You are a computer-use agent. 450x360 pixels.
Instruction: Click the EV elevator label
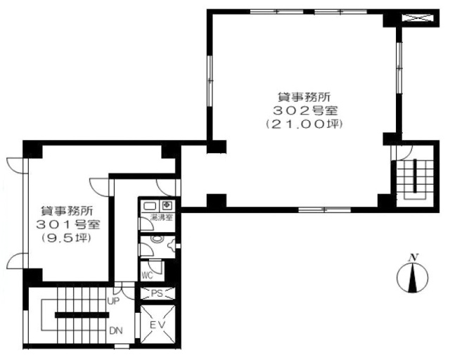click(x=157, y=325)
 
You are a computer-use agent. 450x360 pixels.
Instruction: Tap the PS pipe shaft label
click(x=157, y=294)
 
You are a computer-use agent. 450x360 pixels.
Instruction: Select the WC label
click(x=147, y=276)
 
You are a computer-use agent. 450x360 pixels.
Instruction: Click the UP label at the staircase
click(x=113, y=301)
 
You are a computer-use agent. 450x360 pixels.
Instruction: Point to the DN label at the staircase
click(x=115, y=330)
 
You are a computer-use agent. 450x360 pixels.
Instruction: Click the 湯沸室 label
click(x=162, y=217)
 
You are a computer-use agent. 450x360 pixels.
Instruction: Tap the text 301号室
click(x=68, y=225)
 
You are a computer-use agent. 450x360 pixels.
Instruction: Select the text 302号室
click(x=304, y=110)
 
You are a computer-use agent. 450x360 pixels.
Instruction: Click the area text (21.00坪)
click(x=304, y=124)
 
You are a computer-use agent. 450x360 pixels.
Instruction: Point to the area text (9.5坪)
click(x=66, y=238)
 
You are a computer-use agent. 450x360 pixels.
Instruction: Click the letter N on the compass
click(x=413, y=258)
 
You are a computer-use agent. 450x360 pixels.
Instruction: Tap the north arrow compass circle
click(x=413, y=278)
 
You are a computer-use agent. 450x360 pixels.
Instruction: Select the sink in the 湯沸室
click(x=150, y=205)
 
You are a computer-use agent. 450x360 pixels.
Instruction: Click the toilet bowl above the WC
click(x=157, y=239)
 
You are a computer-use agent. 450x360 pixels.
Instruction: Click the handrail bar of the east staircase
click(x=414, y=175)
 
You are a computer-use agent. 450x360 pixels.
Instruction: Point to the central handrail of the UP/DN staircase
click(x=82, y=315)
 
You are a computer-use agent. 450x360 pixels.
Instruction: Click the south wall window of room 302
click(x=325, y=210)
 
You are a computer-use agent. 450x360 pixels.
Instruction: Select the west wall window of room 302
click(x=210, y=82)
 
